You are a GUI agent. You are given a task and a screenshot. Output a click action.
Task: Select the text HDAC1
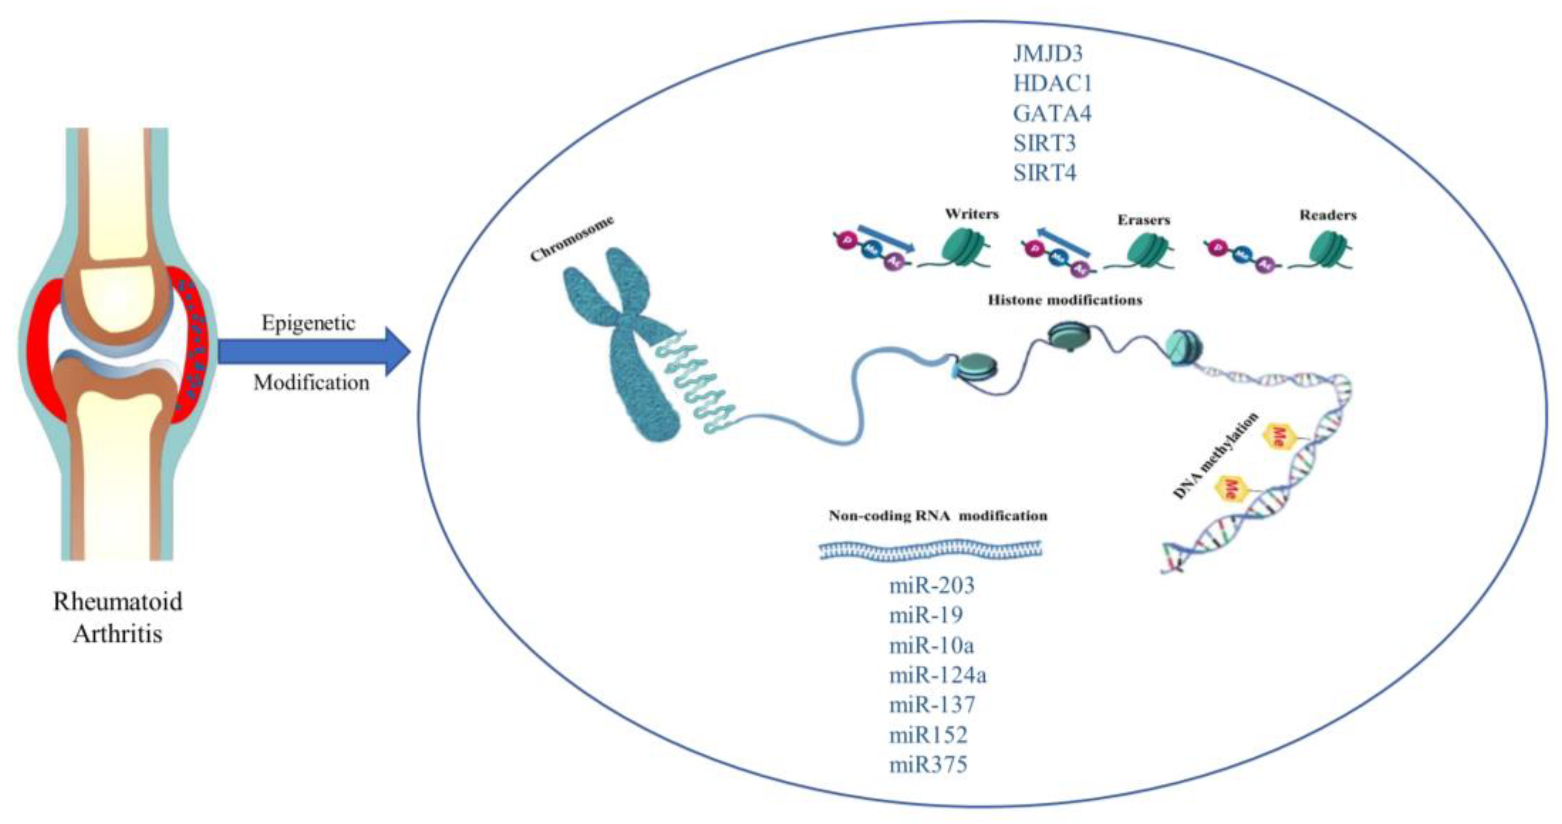click(x=1052, y=83)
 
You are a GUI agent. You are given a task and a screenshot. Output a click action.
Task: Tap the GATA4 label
click(x=1052, y=113)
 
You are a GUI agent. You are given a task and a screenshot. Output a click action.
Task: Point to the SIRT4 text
click(x=1044, y=173)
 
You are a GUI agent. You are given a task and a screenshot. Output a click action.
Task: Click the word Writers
click(x=971, y=214)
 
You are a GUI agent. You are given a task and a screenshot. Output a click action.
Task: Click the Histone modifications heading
click(x=1065, y=299)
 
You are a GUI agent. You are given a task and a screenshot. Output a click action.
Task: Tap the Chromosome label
click(x=571, y=239)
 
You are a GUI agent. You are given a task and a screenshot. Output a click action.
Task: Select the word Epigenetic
click(x=308, y=322)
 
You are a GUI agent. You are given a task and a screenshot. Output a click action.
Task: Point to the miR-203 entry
click(x=932, y=585)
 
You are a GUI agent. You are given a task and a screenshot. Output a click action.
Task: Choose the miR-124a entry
click(x=937, y=675)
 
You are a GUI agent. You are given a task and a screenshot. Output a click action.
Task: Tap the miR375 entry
click(x=928, y=765)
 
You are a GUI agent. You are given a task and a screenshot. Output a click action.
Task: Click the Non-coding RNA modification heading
click(x=937, y=516)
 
